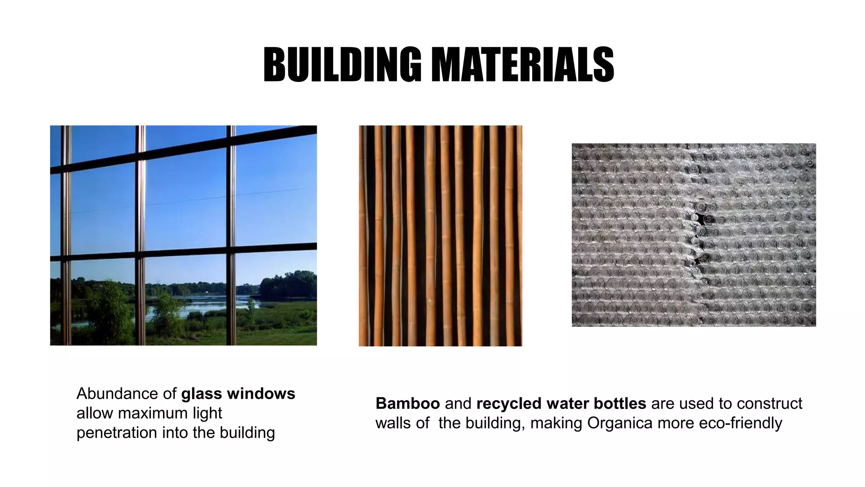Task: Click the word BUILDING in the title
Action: tap(342, 64)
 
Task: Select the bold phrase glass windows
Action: tap(238, 394)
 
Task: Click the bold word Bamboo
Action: tap(408, 404)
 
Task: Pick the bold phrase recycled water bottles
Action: tap(561, 404)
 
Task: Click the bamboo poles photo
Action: tap(440, 235)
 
